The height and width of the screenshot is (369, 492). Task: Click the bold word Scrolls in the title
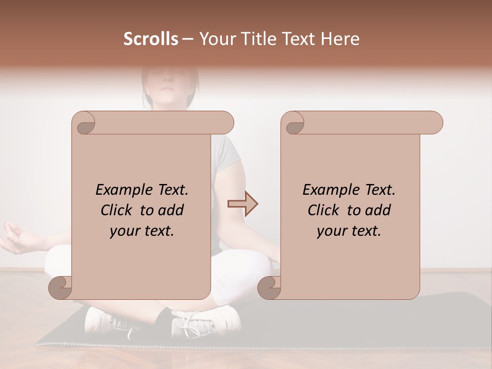tap(151, 39)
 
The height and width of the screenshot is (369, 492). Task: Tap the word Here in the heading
tap(340, 39)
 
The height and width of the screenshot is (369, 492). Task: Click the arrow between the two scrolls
tap(242, 204)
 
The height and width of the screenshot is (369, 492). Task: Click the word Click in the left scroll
tap(118, 210)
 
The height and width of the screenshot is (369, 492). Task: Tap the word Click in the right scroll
tap(325, 210)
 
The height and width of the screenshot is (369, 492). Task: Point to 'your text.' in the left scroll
tap(141, 231)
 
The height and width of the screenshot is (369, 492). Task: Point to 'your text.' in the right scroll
tap(348, 231)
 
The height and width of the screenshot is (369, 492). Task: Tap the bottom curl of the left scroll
tap(60, 287)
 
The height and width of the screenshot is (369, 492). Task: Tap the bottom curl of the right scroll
tap(270, 287)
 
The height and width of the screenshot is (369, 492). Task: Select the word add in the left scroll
tap(171, 210)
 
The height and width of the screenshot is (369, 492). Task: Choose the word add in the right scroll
tap(378, 210)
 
